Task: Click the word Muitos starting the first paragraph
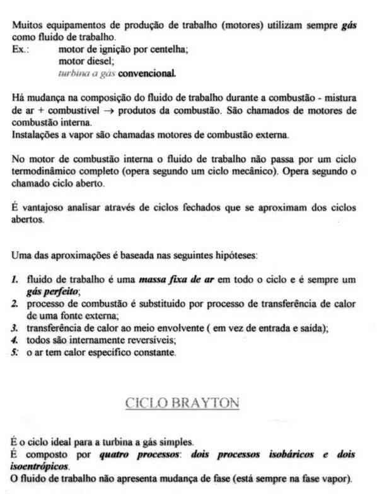(26, 27)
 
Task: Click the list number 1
(15, 280)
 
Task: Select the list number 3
(15, 328)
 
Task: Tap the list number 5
(15, 352)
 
